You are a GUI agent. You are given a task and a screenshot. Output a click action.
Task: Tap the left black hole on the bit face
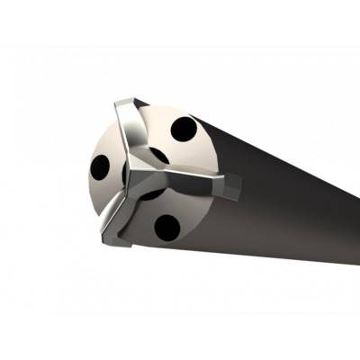point(100,167)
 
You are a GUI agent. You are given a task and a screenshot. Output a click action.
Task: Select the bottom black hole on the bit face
point(167,225)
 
